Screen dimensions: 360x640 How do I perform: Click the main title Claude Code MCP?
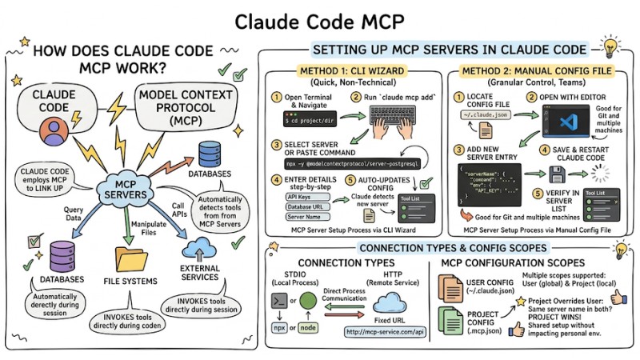tap(320, 21)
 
